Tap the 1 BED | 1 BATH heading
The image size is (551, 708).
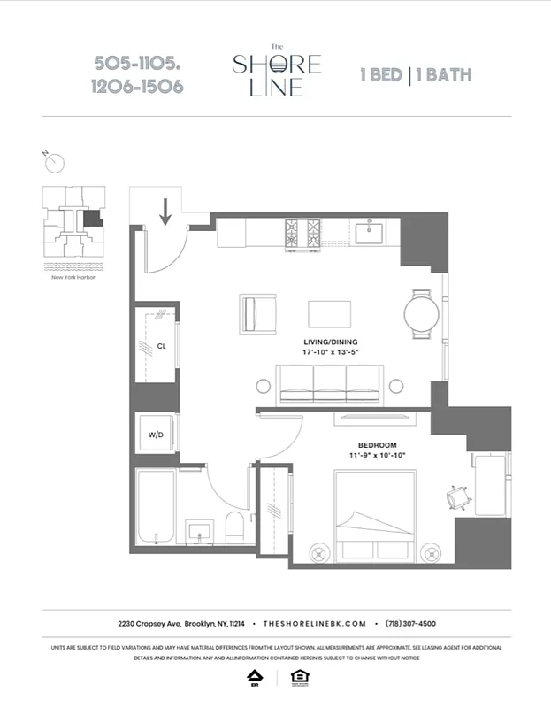click(415, 74)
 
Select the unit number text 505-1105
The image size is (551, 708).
click(137, 64)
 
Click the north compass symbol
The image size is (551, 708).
click(56, 163)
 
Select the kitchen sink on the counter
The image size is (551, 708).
click(371, 233)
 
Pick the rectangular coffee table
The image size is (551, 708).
click(329, 314)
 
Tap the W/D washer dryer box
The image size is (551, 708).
click(154, 435)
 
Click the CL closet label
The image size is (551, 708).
click(162, 346)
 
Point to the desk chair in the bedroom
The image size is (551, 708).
click(459, 498)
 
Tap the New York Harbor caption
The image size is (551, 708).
click(74, 277)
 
